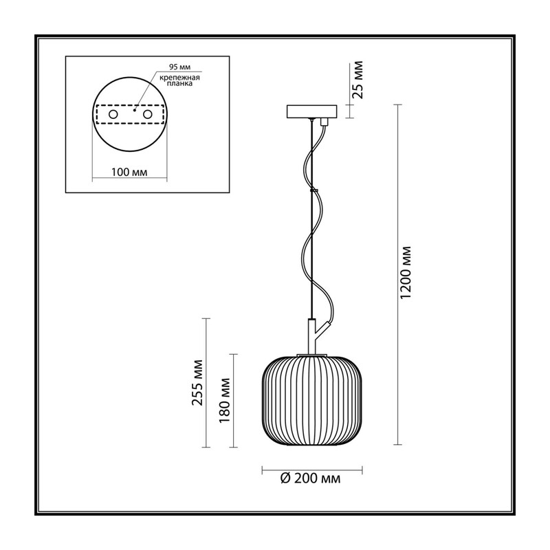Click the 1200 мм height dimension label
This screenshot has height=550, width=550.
[x=406, y=272]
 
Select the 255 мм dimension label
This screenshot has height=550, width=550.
[x=197, y=383]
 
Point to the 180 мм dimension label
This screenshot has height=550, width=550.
[x=225, y=401]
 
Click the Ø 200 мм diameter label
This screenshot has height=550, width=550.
[x=310, y=478]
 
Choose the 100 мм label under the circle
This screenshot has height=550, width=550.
[x=129, y=173]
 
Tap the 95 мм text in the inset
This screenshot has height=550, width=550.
[x=180, y=67]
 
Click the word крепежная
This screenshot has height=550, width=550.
[x=179, y=78]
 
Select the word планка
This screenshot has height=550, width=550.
[x=179, y=84]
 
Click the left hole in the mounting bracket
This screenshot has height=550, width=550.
[x=113, y=114]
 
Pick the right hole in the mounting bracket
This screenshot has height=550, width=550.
[x=147, y=114]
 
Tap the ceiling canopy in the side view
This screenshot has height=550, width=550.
[x=312, y=111]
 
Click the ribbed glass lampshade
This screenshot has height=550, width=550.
[x=312, y=401]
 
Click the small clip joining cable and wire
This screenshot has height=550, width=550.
[x=313, y=190]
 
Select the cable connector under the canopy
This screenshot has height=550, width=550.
[x=324, y=122]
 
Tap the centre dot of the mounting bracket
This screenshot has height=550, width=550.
[x=134, y=110]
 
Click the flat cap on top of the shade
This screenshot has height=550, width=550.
[x=312, y=355]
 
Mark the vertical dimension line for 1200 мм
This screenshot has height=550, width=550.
[x=397, y=274]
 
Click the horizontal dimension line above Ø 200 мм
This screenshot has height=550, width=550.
[x=312, y=470]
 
